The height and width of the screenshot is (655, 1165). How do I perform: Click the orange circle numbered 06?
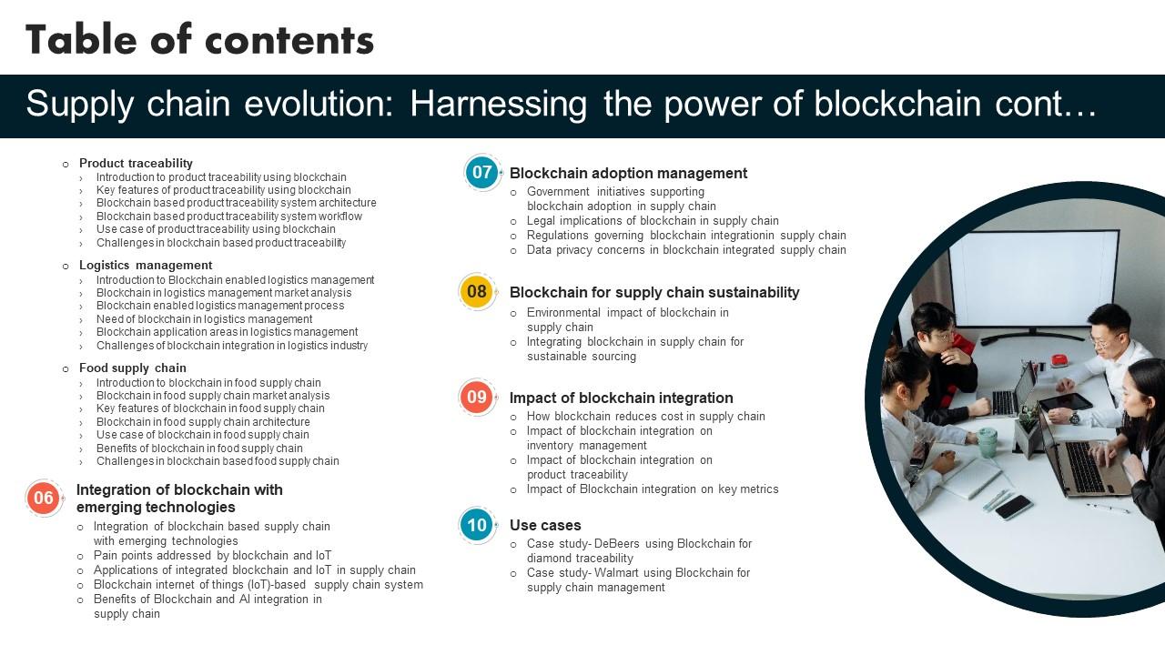[44, 498]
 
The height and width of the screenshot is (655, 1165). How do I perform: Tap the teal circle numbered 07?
[481, 173]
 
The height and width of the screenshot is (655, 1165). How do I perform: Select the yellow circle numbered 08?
[476, 292]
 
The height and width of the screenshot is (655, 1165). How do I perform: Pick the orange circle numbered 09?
[477, 398]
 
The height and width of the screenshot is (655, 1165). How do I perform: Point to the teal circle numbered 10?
[477, 525]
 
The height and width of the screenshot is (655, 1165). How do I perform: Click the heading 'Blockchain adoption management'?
[628, 173]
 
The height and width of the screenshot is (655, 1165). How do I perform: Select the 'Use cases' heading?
[544, 525]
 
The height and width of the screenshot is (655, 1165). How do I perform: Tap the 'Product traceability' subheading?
[136, 163]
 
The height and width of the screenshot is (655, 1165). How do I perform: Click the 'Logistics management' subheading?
[145, 266]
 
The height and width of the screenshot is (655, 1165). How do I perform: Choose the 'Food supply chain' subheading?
[132, 368]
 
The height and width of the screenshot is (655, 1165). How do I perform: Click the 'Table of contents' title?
[199, 39]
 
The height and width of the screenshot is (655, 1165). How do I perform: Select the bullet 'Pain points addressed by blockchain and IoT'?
[212, 555]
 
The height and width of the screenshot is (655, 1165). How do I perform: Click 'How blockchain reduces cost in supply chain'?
[645, 416]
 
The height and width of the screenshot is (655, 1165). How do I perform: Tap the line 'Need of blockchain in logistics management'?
[204, 319]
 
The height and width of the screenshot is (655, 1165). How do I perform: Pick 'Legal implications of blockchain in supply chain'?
[653, 220]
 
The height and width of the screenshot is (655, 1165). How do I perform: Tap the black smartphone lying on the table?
[1013, 507]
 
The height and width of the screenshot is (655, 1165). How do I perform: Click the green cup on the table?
[987, 442]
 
